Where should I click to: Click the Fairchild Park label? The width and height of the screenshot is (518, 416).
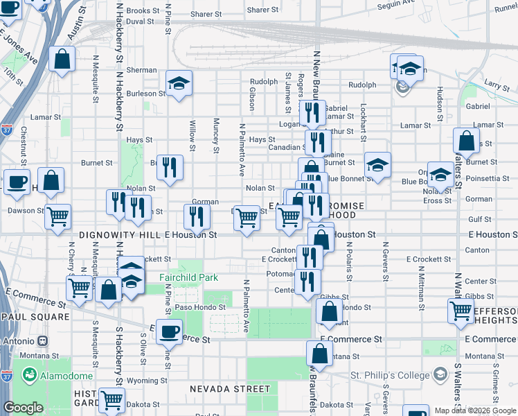(188, 277)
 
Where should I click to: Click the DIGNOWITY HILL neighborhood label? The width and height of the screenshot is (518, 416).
(120, 235)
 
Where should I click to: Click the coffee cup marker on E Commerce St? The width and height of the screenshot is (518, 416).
(169, 332)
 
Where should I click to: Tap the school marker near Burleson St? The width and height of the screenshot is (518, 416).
(179, 84)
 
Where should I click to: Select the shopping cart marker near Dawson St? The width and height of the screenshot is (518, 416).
(58, 216)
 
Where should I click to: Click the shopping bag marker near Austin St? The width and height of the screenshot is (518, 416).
(62, 60)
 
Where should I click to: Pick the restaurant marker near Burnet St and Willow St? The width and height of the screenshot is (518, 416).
(170, 167)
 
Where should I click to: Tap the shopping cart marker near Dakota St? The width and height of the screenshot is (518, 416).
(111, 400)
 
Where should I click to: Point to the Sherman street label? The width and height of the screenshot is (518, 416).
(141, 70)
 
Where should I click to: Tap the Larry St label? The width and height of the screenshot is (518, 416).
(497, 84)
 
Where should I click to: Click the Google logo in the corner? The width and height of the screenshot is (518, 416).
(23, 408)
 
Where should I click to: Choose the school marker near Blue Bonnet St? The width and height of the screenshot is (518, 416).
(377, 165)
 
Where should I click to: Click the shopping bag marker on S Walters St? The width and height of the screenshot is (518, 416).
(467, 140)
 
